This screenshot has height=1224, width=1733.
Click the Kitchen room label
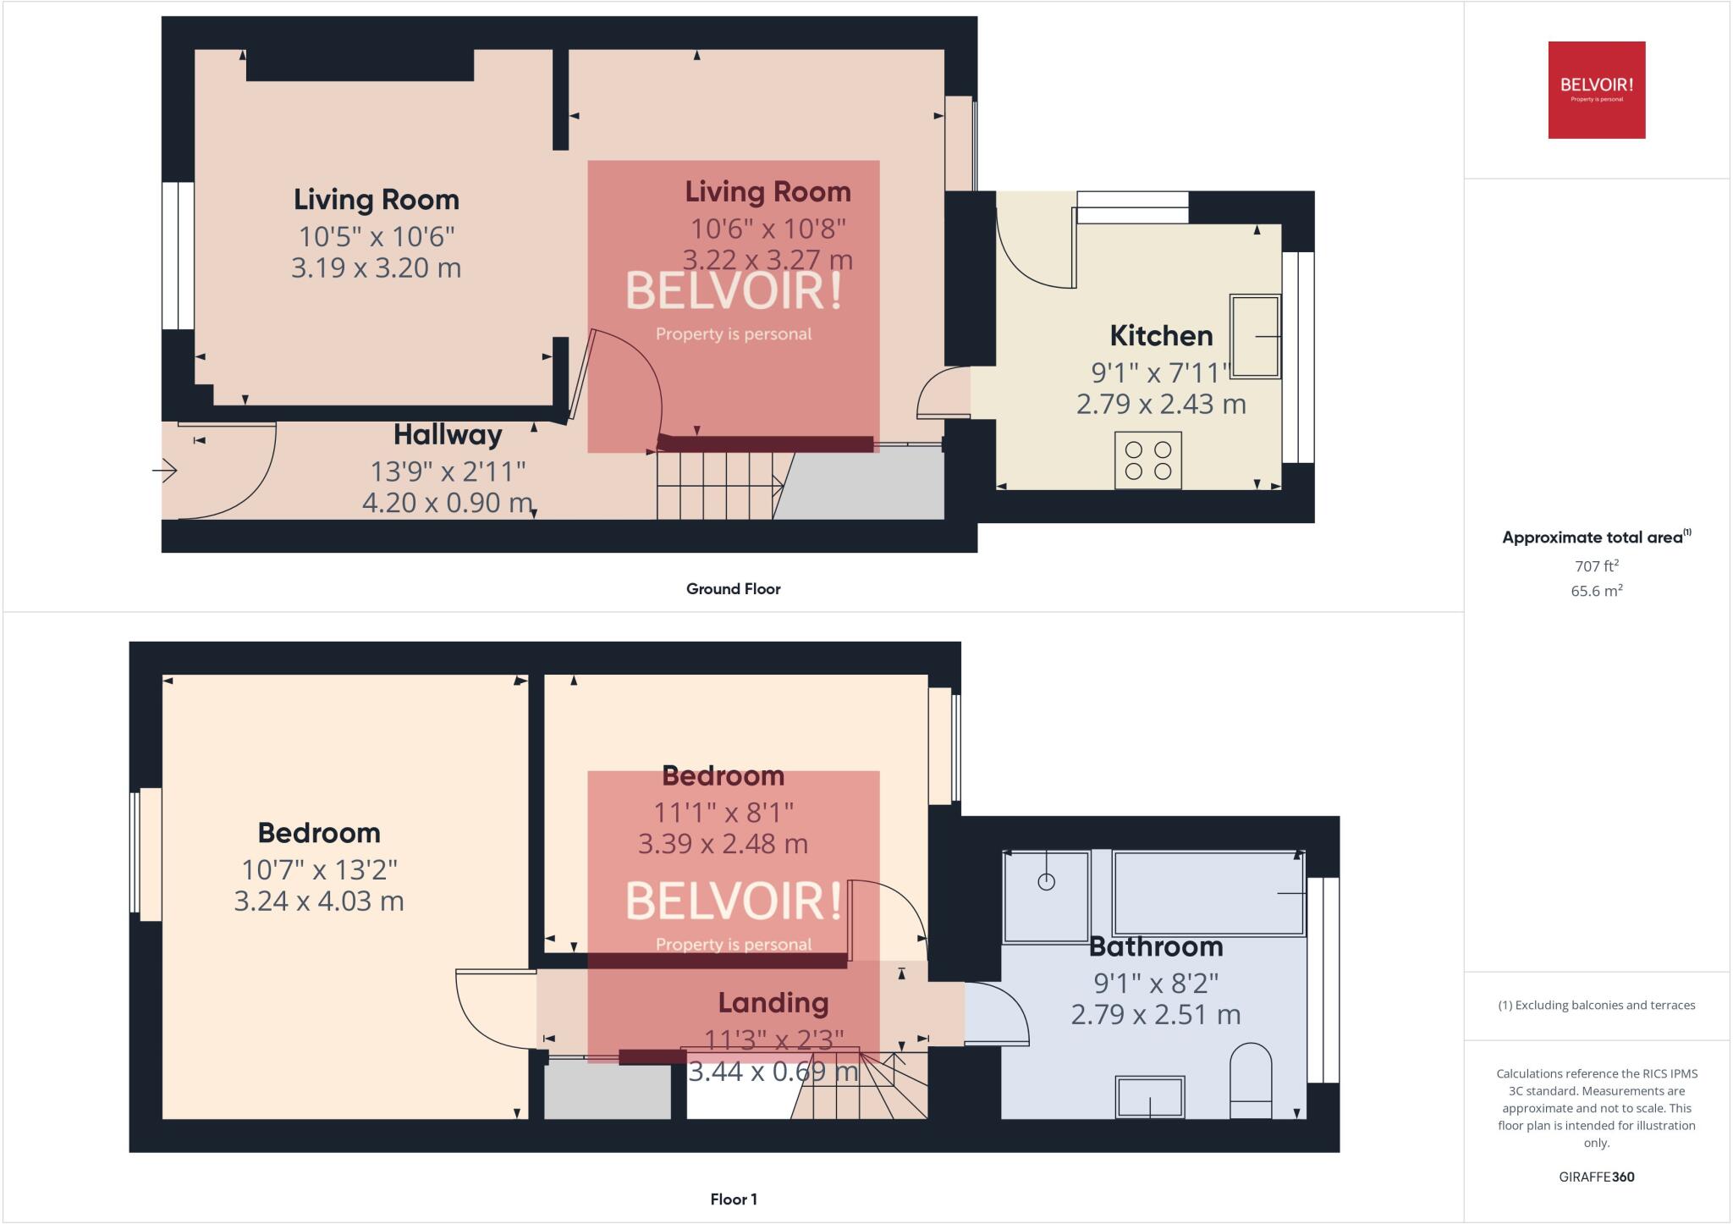point(1161,336)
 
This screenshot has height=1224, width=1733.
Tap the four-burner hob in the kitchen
point(1147,460)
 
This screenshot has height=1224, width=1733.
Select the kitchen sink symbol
point(1254,336)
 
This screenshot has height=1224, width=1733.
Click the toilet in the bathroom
point(1250,1081)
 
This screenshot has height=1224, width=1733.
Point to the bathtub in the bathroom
point(1209,893)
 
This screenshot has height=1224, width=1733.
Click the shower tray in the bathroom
point(1046,896)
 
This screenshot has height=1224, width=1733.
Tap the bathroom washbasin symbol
point(1149,1097)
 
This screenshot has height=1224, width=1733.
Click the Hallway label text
point(448,435)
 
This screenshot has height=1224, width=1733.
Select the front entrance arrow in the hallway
point(165,470)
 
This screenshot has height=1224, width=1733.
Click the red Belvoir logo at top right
point(1596,90)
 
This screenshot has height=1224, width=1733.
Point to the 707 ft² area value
point(1596,565)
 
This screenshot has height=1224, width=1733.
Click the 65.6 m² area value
point(1596,591)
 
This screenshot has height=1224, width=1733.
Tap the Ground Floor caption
point(733,589)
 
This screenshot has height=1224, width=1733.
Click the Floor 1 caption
point(733,1199)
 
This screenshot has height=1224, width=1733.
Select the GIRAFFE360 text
point(1596,1177)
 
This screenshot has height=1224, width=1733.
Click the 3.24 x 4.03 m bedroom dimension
point(319,901)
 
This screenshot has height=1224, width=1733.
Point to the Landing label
point(773,1003)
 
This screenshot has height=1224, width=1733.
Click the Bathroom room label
point(1156,946)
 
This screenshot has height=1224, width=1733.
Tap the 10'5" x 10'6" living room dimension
point(377,235)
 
